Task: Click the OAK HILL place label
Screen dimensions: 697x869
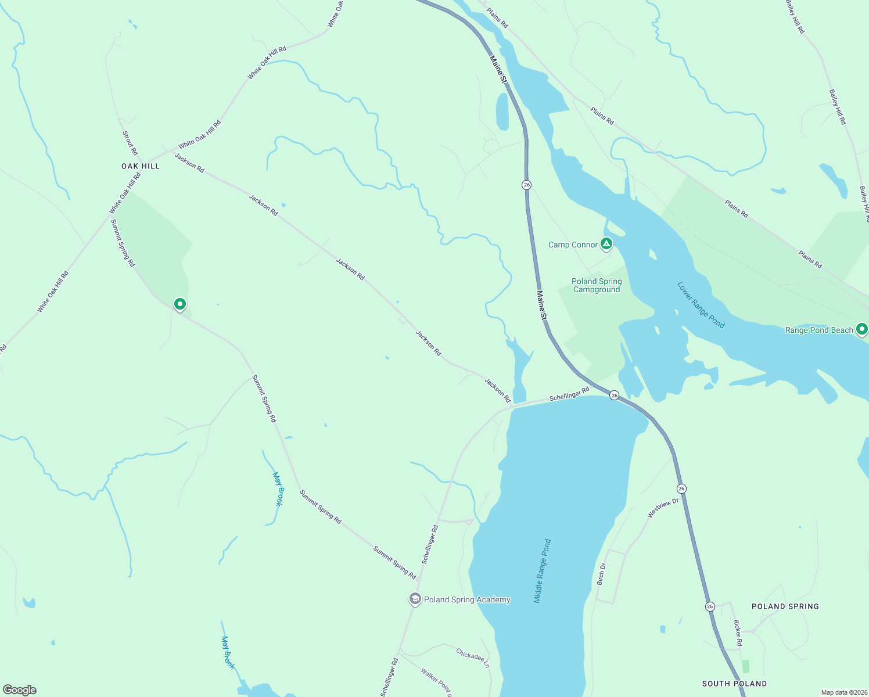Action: tap(140, 166)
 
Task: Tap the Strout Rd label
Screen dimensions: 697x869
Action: tap(130, 143)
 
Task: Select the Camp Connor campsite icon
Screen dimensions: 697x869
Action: tap(606, 244)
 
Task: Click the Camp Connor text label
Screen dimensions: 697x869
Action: tap(573, 245)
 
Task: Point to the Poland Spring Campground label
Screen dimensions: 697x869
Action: tap(597, 285)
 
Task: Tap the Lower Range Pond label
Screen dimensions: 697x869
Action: tap(701, 305)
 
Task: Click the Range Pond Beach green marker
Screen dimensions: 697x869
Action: tap(862, 329)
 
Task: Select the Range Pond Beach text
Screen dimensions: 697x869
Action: tap(819, 330)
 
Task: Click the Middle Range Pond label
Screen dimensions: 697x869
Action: tap(542, 571)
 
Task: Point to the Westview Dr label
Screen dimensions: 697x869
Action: tap(663, 508)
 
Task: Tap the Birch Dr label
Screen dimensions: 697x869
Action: tap(602, 574)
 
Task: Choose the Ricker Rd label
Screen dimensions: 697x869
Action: tap(738, 633)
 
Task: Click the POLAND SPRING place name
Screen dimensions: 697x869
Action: tap(785, 606)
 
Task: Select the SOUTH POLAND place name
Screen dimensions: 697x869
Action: tap(734, 684)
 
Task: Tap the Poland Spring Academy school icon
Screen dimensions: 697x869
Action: tap(415, 599)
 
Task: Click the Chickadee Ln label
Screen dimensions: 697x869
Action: tap(473, 658)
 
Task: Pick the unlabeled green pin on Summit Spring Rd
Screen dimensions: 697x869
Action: tap(180, 304)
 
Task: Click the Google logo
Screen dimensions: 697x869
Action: tap(20, 690)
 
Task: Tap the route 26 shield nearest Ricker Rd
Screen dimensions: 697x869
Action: tap(710, 606)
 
